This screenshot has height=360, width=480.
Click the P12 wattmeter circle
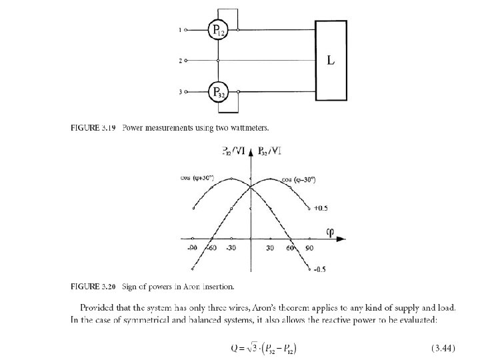pyautogui.click(x=217, y=30)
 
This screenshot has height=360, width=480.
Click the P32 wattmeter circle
pyautogui.click(x=217, y=92)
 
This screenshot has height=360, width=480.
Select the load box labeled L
pyautogui.click(x=331, y=61)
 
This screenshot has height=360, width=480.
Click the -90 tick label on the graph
pyautogui.click(x=191, y=248)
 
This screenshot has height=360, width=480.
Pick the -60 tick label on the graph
pyautogui.click(x=212, y=248)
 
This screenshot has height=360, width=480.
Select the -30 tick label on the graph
pyautogui.click(x=231, y=248)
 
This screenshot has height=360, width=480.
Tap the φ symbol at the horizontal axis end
pyautogui.click(x=329, y=233)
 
